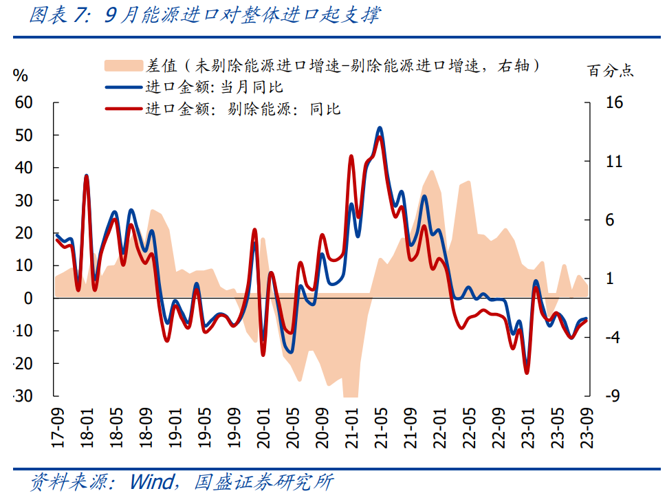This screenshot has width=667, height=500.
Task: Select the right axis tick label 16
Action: [614, 102]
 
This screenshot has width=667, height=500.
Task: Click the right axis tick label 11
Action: [614, 162]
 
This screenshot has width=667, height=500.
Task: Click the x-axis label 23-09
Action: [588, 426]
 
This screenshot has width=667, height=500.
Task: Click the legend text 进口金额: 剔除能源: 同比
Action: [243, 109]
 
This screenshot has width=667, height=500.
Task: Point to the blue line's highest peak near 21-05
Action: [380, 128]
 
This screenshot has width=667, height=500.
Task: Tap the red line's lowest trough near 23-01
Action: [527, 373]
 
